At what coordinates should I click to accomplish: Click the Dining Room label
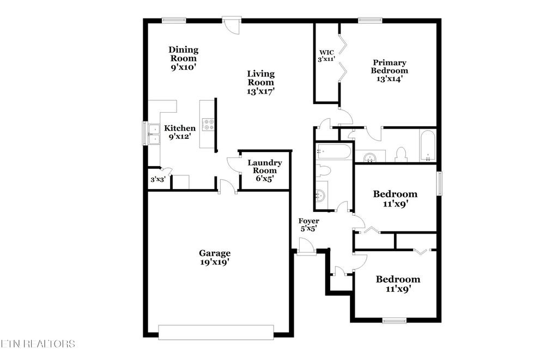pyautogui.click(x=183, y=58)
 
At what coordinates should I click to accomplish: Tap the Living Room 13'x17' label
pyautogui.click(x=260, y=82)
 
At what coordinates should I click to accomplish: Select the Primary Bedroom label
pyautogui.click(x=389, y=71)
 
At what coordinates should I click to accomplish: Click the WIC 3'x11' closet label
pyautogui.click(x=326, y=56)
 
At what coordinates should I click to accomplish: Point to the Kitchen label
pyautogui.click(x=180, y=132)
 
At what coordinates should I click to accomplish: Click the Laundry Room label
pyautogui.click(x=264, y=170)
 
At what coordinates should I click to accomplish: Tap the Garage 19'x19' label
pyautogui.click(x=214, y=257)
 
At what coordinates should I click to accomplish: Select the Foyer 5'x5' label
pyautogui.click(x=308, y=224)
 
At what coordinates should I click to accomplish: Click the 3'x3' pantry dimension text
pyautogui.click(x=158, y=179)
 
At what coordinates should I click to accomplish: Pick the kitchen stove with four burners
pyautogui.click(x=208, y=125)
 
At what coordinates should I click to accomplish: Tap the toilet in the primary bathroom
pyautogui.click(x=401, y=155)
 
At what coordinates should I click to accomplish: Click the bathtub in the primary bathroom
pyautogui.click(x=427, y=146)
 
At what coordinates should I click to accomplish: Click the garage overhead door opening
pyautogui.click(x=216, y=332)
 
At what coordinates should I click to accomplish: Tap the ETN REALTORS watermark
pyautogui.click(x=38, y=344)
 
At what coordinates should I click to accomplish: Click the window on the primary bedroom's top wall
pyautogui.click(x=369, y=21)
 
